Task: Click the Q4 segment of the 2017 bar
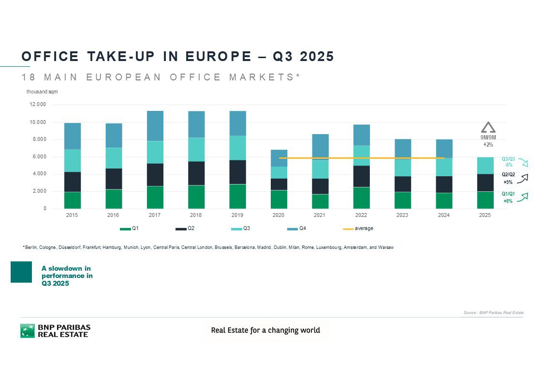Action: (155, 126)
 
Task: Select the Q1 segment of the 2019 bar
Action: (237, 196)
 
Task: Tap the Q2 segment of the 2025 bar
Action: (485, 183)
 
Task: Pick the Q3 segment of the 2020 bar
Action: (279, 172)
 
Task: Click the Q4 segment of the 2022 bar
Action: (361, 135)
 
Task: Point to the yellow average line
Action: (338, 158)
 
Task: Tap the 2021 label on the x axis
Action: (320, 215)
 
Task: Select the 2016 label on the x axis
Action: (114, 215)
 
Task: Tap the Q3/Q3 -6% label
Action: (508, 162)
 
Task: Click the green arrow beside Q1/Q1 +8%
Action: (523, 196)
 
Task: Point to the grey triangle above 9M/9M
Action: (488, 127)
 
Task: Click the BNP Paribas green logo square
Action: (28, 331)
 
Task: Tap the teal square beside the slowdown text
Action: (21, 272)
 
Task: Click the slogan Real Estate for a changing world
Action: (265, 330)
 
